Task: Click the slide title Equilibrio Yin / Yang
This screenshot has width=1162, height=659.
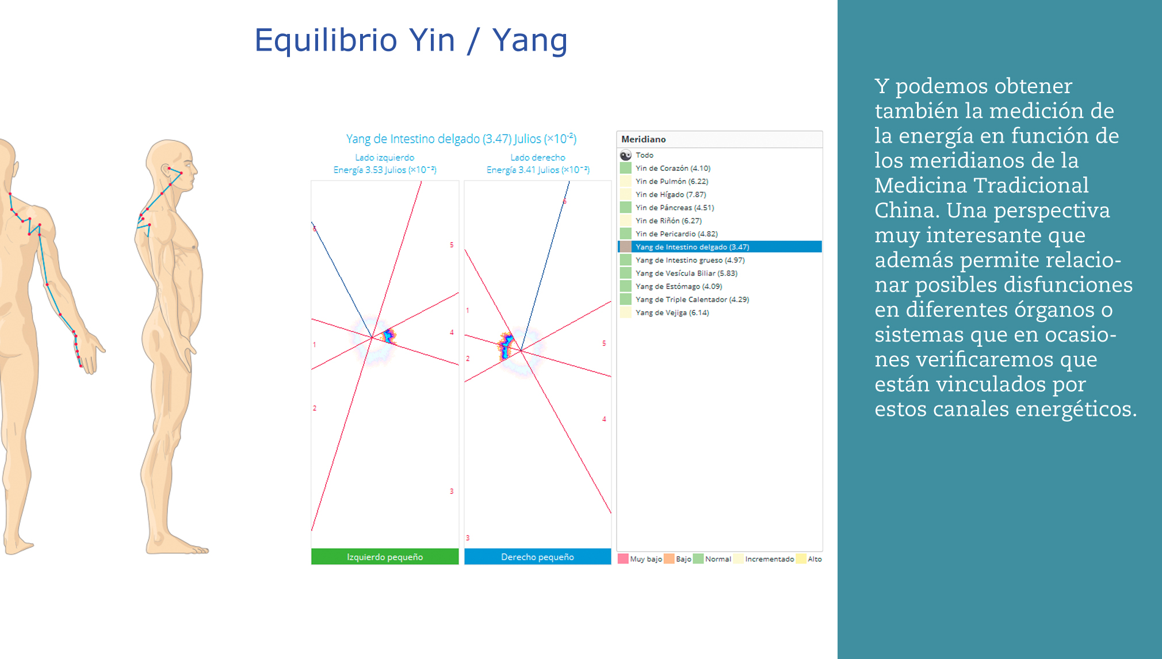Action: pyautogui.click(x=411, y=41)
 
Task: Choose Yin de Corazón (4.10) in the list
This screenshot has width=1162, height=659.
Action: pyautogui.click(x=672, y=168)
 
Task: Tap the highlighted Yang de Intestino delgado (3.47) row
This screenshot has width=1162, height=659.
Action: pyautogui.click(x=720, y=247)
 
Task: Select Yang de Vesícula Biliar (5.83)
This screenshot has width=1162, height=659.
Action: pyautogui.click(x=686, y=274)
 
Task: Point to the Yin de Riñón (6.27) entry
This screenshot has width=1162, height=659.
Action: pyautogui.click(x=668, y=221)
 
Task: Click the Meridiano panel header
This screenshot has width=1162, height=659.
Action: pyautogui.click(x=720, y=139)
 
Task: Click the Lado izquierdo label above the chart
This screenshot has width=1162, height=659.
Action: pyautogui.click(x=384, y=158)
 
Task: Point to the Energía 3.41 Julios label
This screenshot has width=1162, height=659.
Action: pyautogui.click(x=538, y=170)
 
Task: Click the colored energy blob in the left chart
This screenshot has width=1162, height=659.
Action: pyautogui.click(x=389, y=336)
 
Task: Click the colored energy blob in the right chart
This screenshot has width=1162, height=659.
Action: pyautogui.click(x=506, y=346)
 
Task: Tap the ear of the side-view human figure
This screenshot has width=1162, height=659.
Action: pyautogui.click(x=167, y=171)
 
